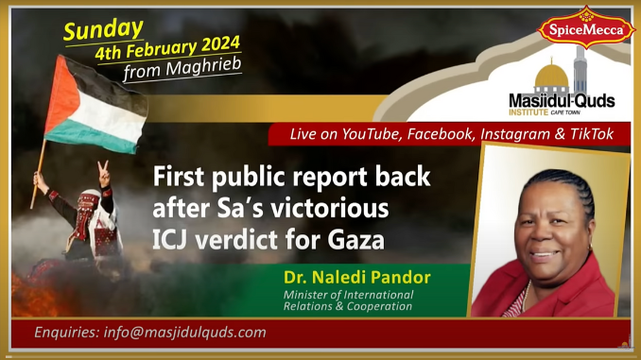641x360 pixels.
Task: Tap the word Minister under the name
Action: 310,295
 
